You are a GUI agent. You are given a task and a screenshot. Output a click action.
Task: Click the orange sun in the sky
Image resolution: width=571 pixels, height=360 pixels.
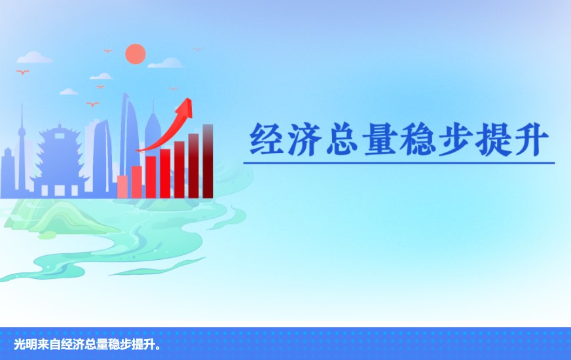pyautogui.click(x=136, y=54)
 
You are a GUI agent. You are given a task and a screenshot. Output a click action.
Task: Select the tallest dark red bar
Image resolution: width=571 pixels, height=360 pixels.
pyautogui.click(x=208, y=161)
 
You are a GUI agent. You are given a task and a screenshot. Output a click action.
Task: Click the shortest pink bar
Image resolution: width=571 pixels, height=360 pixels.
pyautogui.click(x=122, y=187)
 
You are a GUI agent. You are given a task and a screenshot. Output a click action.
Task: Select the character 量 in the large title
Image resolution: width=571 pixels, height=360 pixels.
pyautogui.click(x=380, y=139)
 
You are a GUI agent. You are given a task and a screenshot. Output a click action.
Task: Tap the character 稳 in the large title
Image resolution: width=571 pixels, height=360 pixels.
pyautogui.click(x=417, y=139)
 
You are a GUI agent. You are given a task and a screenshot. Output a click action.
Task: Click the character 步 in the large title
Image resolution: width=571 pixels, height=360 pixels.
pyautogui.click(x=455, y=139)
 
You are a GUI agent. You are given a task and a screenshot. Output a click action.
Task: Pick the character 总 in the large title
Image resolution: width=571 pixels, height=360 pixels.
pyautogui.click(x=342, y=139)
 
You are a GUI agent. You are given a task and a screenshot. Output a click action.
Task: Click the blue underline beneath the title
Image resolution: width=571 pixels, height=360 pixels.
pyautogui.click(x=399, y=163)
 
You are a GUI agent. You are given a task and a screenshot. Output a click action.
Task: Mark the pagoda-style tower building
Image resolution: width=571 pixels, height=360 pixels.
pyautogui.click(x=60, y=160)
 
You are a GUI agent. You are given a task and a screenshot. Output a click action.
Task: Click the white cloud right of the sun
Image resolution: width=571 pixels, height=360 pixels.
pyautogui.click(x=166, y=63)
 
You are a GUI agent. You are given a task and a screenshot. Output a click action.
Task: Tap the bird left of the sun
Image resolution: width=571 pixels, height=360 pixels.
pyautogui.click(x=107, y=50)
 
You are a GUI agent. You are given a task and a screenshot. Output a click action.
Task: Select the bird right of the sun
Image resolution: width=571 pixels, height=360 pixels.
pyautogui.click(x=197, y=49)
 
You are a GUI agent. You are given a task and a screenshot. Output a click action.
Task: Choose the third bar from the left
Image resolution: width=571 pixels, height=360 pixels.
pyautogui.click(x=151, y=177)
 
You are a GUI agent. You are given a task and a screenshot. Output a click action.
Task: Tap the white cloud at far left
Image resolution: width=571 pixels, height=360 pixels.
pyautogui.click(x=35, y=57)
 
